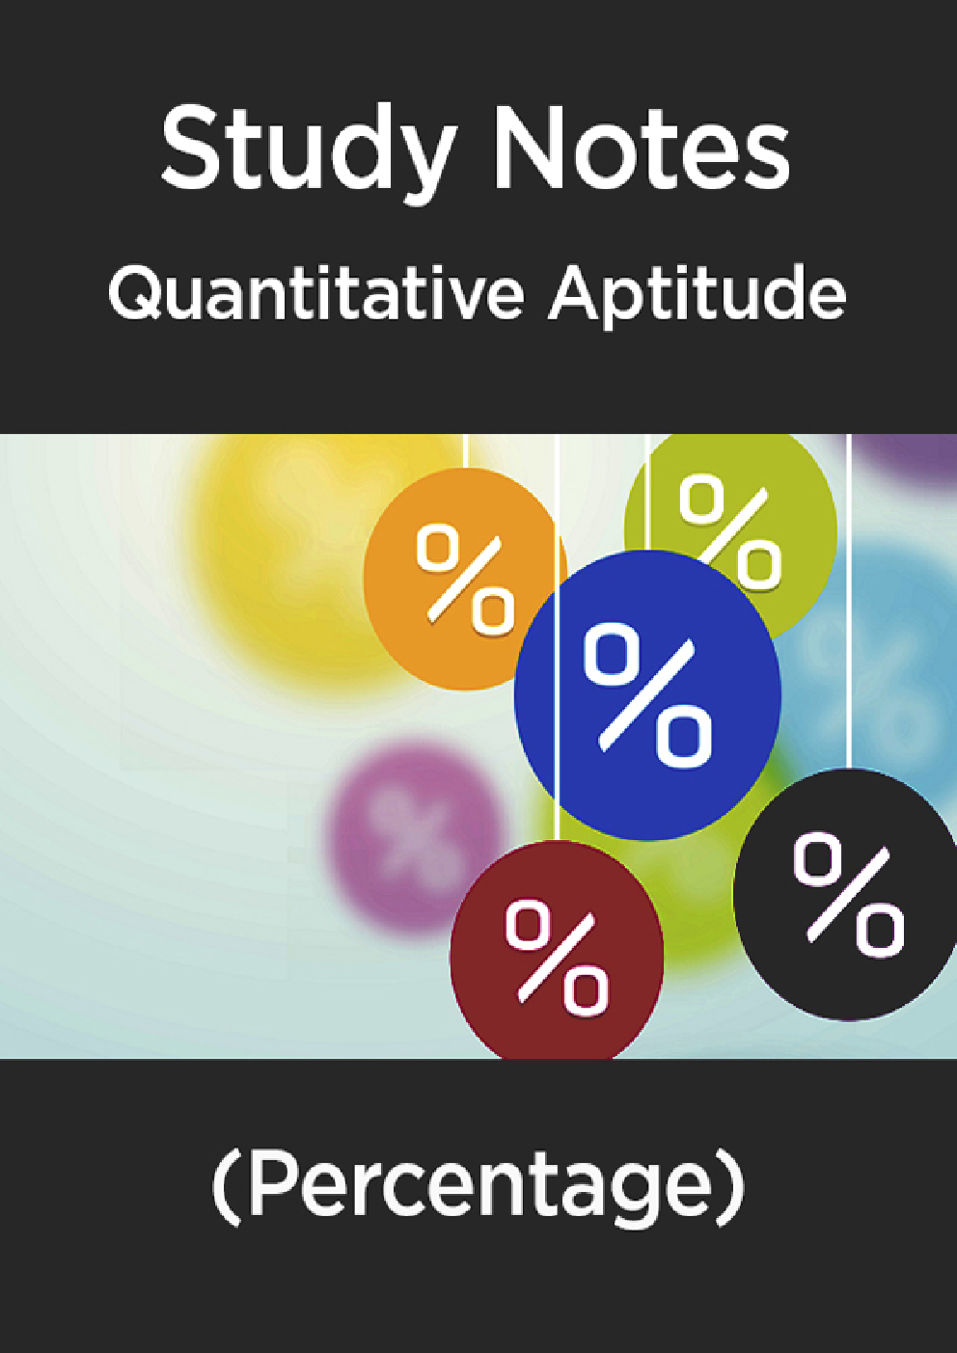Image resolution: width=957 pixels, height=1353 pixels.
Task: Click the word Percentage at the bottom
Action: click(478, 1185)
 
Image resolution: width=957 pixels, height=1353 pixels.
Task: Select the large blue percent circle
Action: click(648, 694)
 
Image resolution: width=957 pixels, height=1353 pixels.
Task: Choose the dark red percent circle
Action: click(557, 950)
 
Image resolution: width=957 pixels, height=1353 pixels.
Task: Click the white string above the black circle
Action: click(848, 598)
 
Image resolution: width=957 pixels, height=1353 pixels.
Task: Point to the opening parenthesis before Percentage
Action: click(225, 1187)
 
